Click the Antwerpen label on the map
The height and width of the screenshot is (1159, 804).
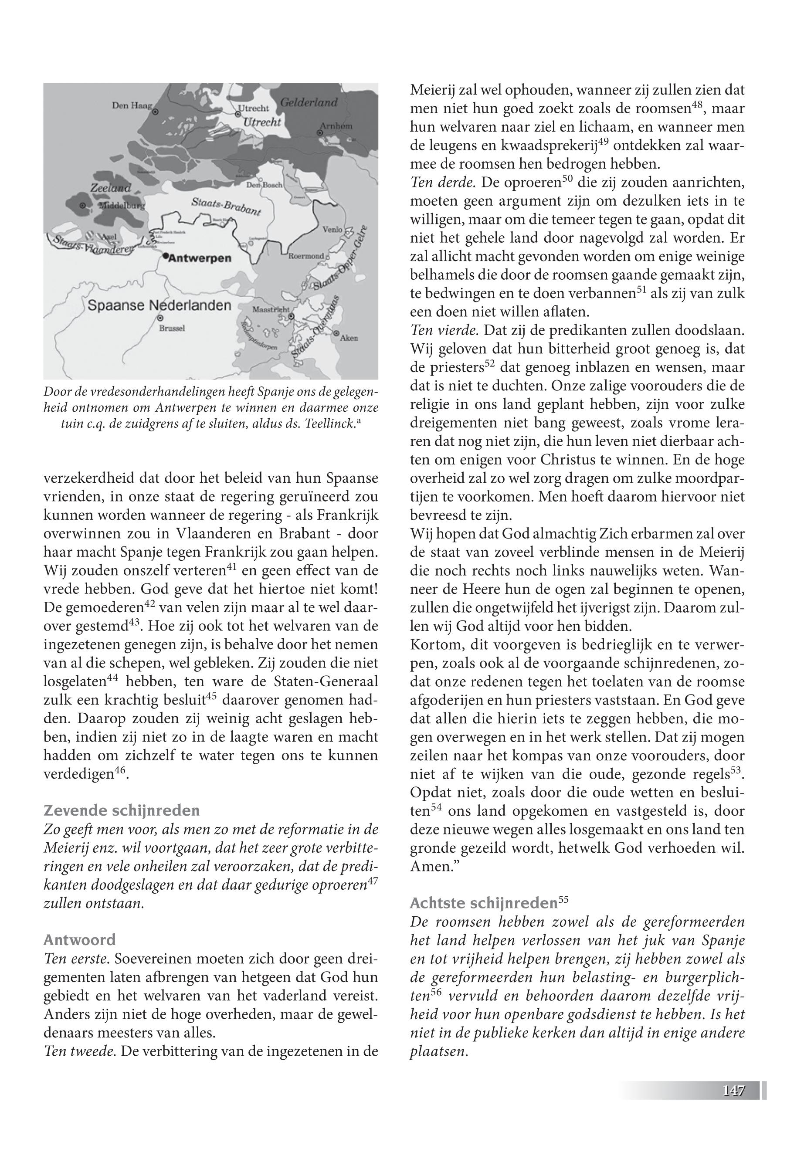[x=199, y=258]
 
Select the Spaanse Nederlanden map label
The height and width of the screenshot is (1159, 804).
[x=159, y=305]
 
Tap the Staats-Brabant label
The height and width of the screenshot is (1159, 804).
[x=226, y=207]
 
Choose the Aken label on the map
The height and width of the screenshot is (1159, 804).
[x=349, y=338]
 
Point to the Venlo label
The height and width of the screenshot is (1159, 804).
[x=332, y=229]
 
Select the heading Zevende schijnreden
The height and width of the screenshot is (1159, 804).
[x=122, y=810]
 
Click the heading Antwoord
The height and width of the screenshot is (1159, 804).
[x=80, y=939]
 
